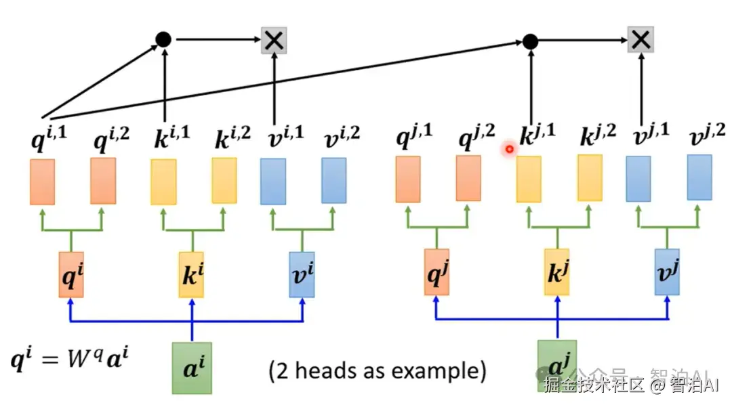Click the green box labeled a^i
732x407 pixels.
pyautogui.click(x=192, y=368)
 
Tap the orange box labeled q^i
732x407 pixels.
pyautogui.click(x=70, y=275)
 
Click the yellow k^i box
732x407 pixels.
pyautogui.click(x=191, y=275)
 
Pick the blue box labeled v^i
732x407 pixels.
pyautogui.click(x=302, y=275)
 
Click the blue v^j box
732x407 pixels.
pyautogui.click(x=667, y=272)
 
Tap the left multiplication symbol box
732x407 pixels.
pyautogui.click(x=274, y=41)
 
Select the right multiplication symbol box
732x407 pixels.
pyautogui.click(x=640, y=40)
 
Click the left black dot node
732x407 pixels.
pyautogui.click(x=163, y=39)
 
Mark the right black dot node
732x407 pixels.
pyautogui.click(x=530, y=41)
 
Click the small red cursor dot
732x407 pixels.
pyautogui.click(x=508, y=148)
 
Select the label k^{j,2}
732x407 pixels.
pyautogui.click(x=598, y=137)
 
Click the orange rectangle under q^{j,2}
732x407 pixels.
pyautogui.click(x=468, y=179)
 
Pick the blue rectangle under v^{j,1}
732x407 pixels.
pyautogui.click(x=638, y=179)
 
